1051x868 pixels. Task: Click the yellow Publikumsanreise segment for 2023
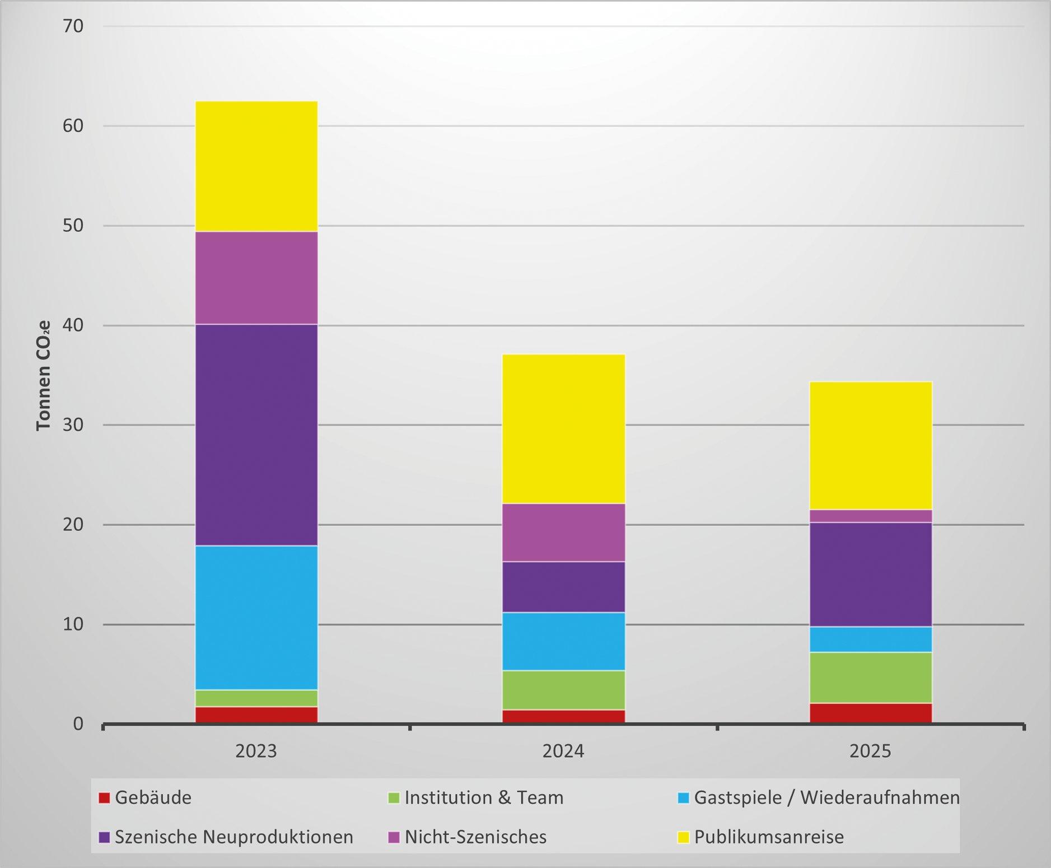[256, 166]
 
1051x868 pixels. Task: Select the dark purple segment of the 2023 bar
[256, 435]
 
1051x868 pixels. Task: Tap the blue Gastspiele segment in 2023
[256, 618]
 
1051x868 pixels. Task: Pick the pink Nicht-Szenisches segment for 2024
[563, 533]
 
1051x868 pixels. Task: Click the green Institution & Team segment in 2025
[871, 678]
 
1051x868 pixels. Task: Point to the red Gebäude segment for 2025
[871, 713]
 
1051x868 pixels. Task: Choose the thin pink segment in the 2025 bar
[871, 516]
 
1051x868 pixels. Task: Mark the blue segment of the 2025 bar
[871, 639]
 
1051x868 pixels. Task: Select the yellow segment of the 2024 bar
[563, 429]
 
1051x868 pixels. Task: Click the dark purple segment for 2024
[563, 587]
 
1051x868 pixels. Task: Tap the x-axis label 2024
[563, 751]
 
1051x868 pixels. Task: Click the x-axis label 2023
[256, 751]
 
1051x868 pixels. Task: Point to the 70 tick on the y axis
[73, 26]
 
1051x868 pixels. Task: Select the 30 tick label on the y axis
[73, 424]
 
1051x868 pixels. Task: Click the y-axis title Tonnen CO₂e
[44, 375]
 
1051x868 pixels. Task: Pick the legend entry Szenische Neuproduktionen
[226, 837]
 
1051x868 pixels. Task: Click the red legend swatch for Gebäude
[104, 797]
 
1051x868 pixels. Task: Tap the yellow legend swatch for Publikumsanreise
[683, 837]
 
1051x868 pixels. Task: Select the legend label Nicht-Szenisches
[475, 837]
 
